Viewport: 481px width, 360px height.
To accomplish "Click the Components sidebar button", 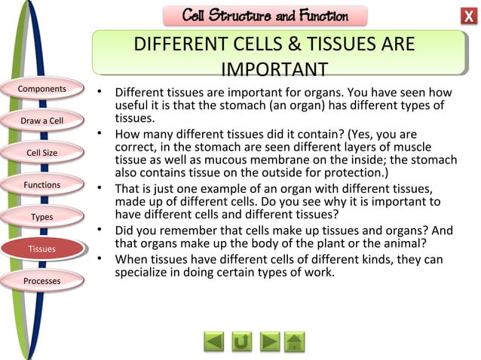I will pyautogui.click(x=43, y=90).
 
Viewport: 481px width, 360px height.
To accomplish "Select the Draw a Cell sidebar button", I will pyautogui.click(x=43, y=121).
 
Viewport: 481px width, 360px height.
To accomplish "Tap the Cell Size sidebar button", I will pyautogui.click(x=42, y=153).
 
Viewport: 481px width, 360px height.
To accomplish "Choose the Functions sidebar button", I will pyautogui.click(x=42, y=185).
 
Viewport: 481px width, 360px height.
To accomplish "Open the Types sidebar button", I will pyautogui.click(x=42, y=217).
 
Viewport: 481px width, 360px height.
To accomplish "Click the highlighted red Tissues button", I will pyautogui.click(x=42, y=249).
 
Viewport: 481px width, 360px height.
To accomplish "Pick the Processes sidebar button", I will pyautogui.click(x=42, y=281).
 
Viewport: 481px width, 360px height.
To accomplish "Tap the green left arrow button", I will pyautogui.click(x=215, y=342).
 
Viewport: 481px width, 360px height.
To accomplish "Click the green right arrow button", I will pyautogui.click(x=269, y=342).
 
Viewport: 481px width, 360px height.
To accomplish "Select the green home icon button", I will pyautogui.click(x=295, y=342).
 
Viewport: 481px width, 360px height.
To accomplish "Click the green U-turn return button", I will pyautogui.click(x=242, y=342).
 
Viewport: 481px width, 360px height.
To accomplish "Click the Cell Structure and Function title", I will pyautogui.click(x=265, y=16).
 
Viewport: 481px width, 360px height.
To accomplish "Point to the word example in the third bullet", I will pyautogui.click(x=220, y=188).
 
